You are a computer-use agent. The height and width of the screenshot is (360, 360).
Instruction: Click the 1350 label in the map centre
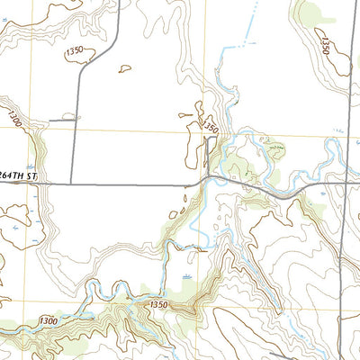(210, 128)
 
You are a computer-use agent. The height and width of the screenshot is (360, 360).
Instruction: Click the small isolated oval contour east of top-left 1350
(124, 67)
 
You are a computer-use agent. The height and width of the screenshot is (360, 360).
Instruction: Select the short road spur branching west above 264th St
(63, 118)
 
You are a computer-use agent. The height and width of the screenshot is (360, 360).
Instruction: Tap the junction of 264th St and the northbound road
(71, 184)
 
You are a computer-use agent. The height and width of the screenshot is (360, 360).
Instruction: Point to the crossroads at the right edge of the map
(347, 183)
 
